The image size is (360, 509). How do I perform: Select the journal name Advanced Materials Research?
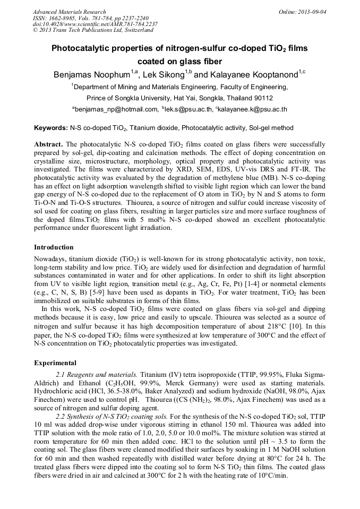point(69,12)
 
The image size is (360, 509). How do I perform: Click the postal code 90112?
point(261,98)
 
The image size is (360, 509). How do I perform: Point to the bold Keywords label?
point(50,128)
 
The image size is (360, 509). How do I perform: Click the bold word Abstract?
point(48,144)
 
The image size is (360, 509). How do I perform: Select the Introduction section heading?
point(54,247)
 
